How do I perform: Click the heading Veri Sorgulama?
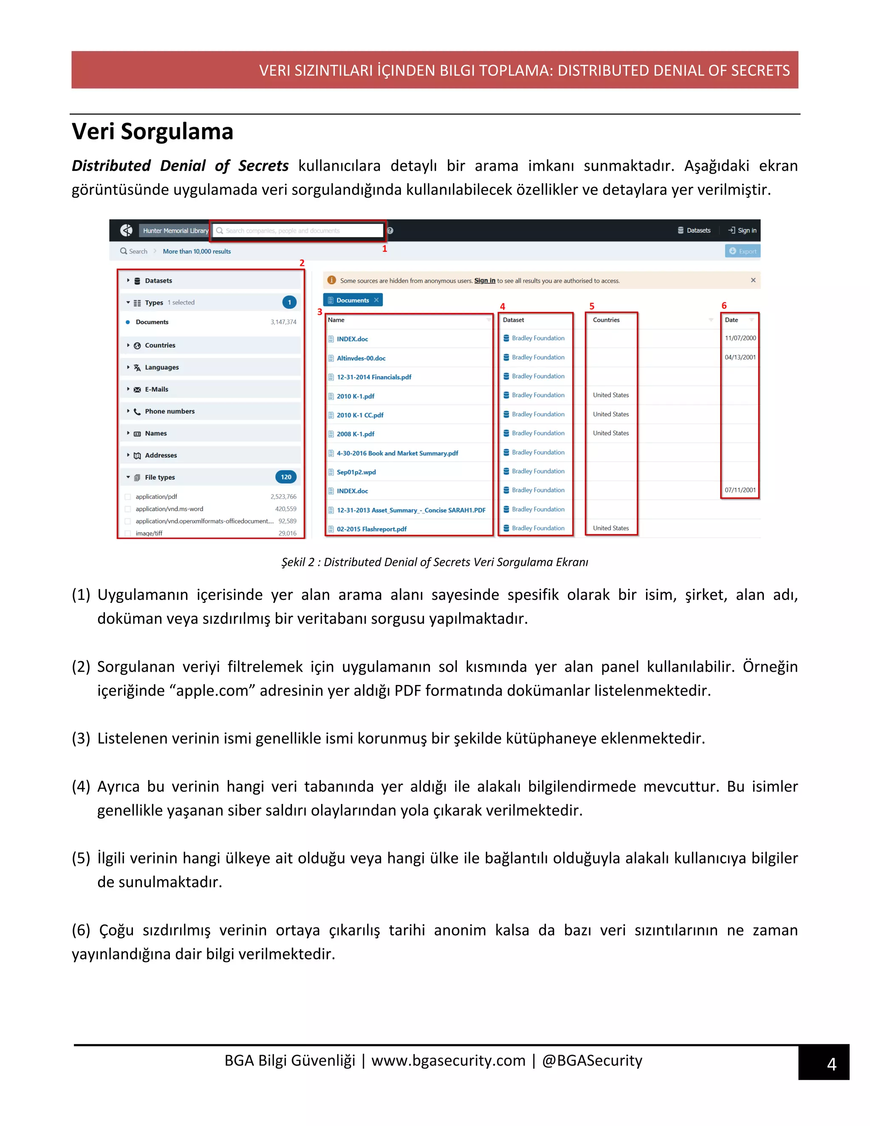tap(152, 131)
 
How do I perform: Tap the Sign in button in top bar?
tap(743, 230)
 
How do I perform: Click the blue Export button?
tap(743, 251)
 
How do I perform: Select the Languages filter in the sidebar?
tap(161, 367)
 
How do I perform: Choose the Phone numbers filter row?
tap(169, 411)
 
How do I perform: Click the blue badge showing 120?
tap(286, 477)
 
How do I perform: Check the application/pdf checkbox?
tap(128, 496)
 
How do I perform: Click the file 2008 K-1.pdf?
tap(355, 433)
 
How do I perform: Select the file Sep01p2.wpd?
tap(356, 472)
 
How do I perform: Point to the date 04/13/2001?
tap(740, 357)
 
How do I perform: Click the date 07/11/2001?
tap(740, 490)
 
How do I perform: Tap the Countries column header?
tap(606, 320)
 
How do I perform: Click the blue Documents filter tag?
tap(352, 300)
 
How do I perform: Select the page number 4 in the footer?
tap(831, 1064)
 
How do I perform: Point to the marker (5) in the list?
tap(81, 858)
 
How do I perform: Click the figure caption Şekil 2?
tap(435, 562)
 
